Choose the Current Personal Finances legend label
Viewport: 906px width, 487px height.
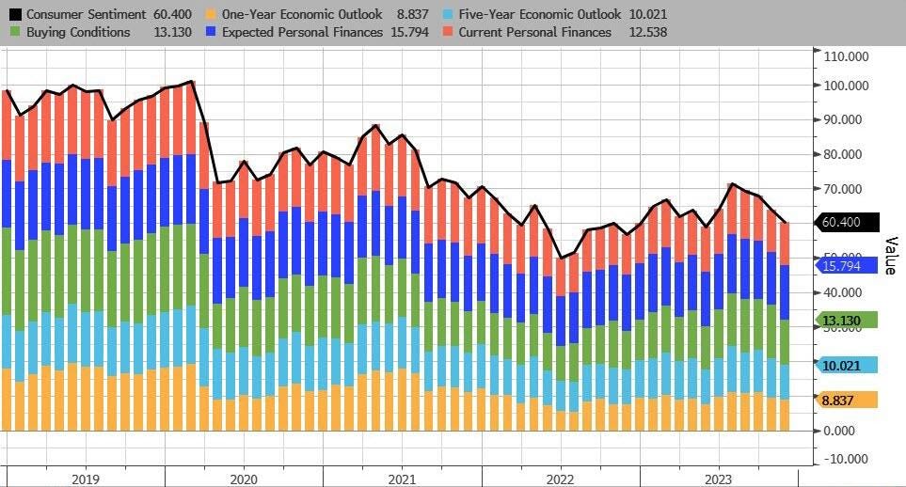click(x=534, y=33)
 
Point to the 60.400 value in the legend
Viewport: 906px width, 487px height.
click(x=176, y=15)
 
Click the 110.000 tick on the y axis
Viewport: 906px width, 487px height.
click(x=845, y=56)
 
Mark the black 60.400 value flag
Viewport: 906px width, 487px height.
click(x=845, y=222)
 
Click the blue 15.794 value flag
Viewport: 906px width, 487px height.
click(x=845, y=265)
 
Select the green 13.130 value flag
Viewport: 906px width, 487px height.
click(x=845, y=321)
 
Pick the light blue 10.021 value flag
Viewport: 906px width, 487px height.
click(x=845, y=365)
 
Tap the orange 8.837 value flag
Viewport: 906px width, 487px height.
click(x=845, y=400)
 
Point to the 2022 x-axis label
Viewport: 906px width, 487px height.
click(x=560, y=478)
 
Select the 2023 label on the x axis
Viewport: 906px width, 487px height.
click(x=718, y=478)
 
